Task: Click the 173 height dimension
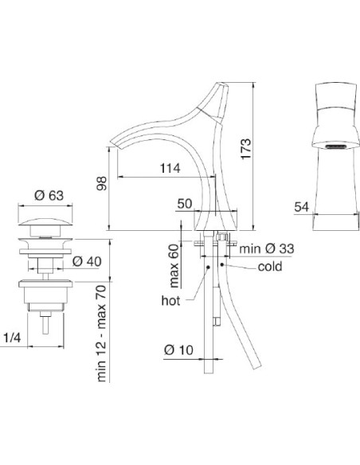246,149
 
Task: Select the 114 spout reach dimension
170,168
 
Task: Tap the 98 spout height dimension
102,183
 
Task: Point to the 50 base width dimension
185,204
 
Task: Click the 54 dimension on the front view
302,207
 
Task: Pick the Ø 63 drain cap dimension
49,195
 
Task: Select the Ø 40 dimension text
87,261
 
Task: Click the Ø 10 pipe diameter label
178,350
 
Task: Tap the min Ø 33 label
267,248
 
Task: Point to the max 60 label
174,266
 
